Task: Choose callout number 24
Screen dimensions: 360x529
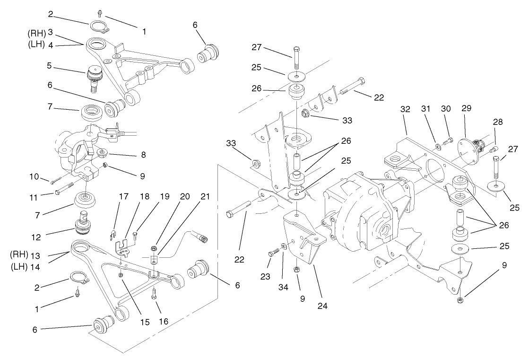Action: point(323,305)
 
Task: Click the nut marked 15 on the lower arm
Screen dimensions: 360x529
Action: point(121,275)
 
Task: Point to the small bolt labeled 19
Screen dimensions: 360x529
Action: point(136,234)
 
